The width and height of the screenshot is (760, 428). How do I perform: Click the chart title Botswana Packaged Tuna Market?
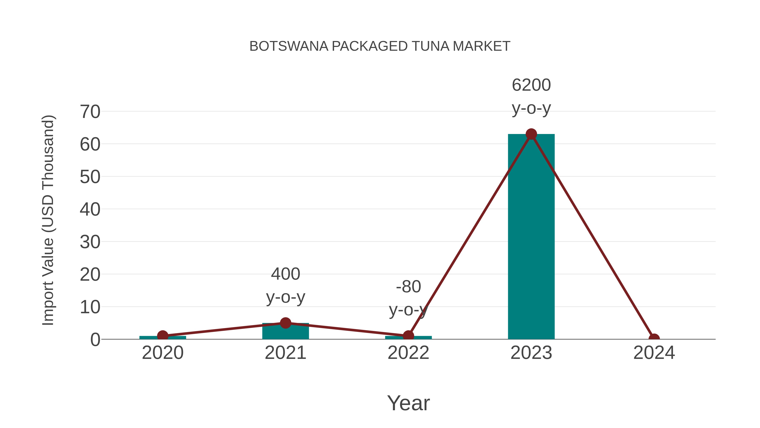(380, 46)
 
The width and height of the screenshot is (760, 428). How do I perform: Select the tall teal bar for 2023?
(531, 236)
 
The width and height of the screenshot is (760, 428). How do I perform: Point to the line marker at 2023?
(531, 134)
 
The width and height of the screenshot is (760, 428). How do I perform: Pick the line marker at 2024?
(654, 339)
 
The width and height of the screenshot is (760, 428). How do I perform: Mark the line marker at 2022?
(408, 336)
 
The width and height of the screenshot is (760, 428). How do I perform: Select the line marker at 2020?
(163, 336)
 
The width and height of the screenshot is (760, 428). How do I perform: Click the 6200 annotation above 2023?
(531, 85)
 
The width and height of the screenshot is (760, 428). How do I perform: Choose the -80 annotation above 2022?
(408, 287)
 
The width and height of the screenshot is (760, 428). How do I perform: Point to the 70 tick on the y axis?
(90, 112)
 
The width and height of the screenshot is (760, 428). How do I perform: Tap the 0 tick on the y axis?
(95, 340)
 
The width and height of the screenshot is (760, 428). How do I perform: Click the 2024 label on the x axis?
(654, 353)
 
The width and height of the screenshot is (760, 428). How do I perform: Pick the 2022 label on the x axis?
(408, 353)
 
